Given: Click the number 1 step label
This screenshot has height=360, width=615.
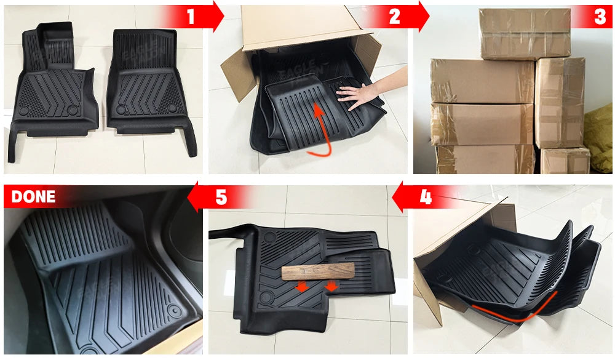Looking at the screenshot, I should coord(191,17).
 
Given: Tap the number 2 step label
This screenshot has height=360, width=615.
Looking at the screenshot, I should coord(395,17).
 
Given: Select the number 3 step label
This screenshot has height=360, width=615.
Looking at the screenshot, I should coord(600,17).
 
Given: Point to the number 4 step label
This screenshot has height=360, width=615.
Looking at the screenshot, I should coord(426,198).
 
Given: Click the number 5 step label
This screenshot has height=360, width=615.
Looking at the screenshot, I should coord(221,198).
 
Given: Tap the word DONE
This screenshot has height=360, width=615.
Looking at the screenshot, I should coord(33,197).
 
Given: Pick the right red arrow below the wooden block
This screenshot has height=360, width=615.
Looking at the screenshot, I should coord(332,287).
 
